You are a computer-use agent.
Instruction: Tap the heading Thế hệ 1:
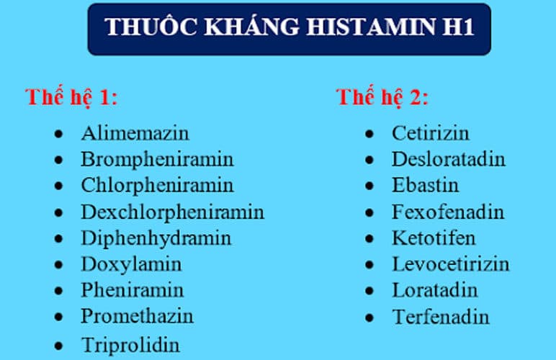click(71, 98)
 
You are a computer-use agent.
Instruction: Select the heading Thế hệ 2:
click(382, 98)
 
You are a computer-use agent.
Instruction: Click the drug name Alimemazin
click(135, 133)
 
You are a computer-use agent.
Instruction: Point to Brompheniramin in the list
click(157, 159)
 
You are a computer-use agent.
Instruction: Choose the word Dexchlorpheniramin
click(172, 212)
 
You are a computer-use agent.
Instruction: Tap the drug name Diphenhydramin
click(156, 238)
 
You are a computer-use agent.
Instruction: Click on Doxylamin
click(131, 264)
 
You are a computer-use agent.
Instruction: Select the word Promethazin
click(137, 316)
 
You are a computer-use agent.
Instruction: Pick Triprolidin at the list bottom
click(130, 343)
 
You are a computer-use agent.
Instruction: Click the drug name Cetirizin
click(430, 133)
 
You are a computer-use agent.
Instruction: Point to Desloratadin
click(449, 159)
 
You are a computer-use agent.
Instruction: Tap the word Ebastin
click(425, 185)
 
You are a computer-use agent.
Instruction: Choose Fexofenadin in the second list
click(448, 212)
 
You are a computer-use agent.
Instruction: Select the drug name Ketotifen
click(434, 238)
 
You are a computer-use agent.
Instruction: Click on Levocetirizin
click(450, 264)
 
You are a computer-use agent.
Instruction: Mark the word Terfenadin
click(441, 316)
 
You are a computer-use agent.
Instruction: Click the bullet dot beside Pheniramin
click(59, 291)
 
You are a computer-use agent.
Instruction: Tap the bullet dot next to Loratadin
click(370, 291)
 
